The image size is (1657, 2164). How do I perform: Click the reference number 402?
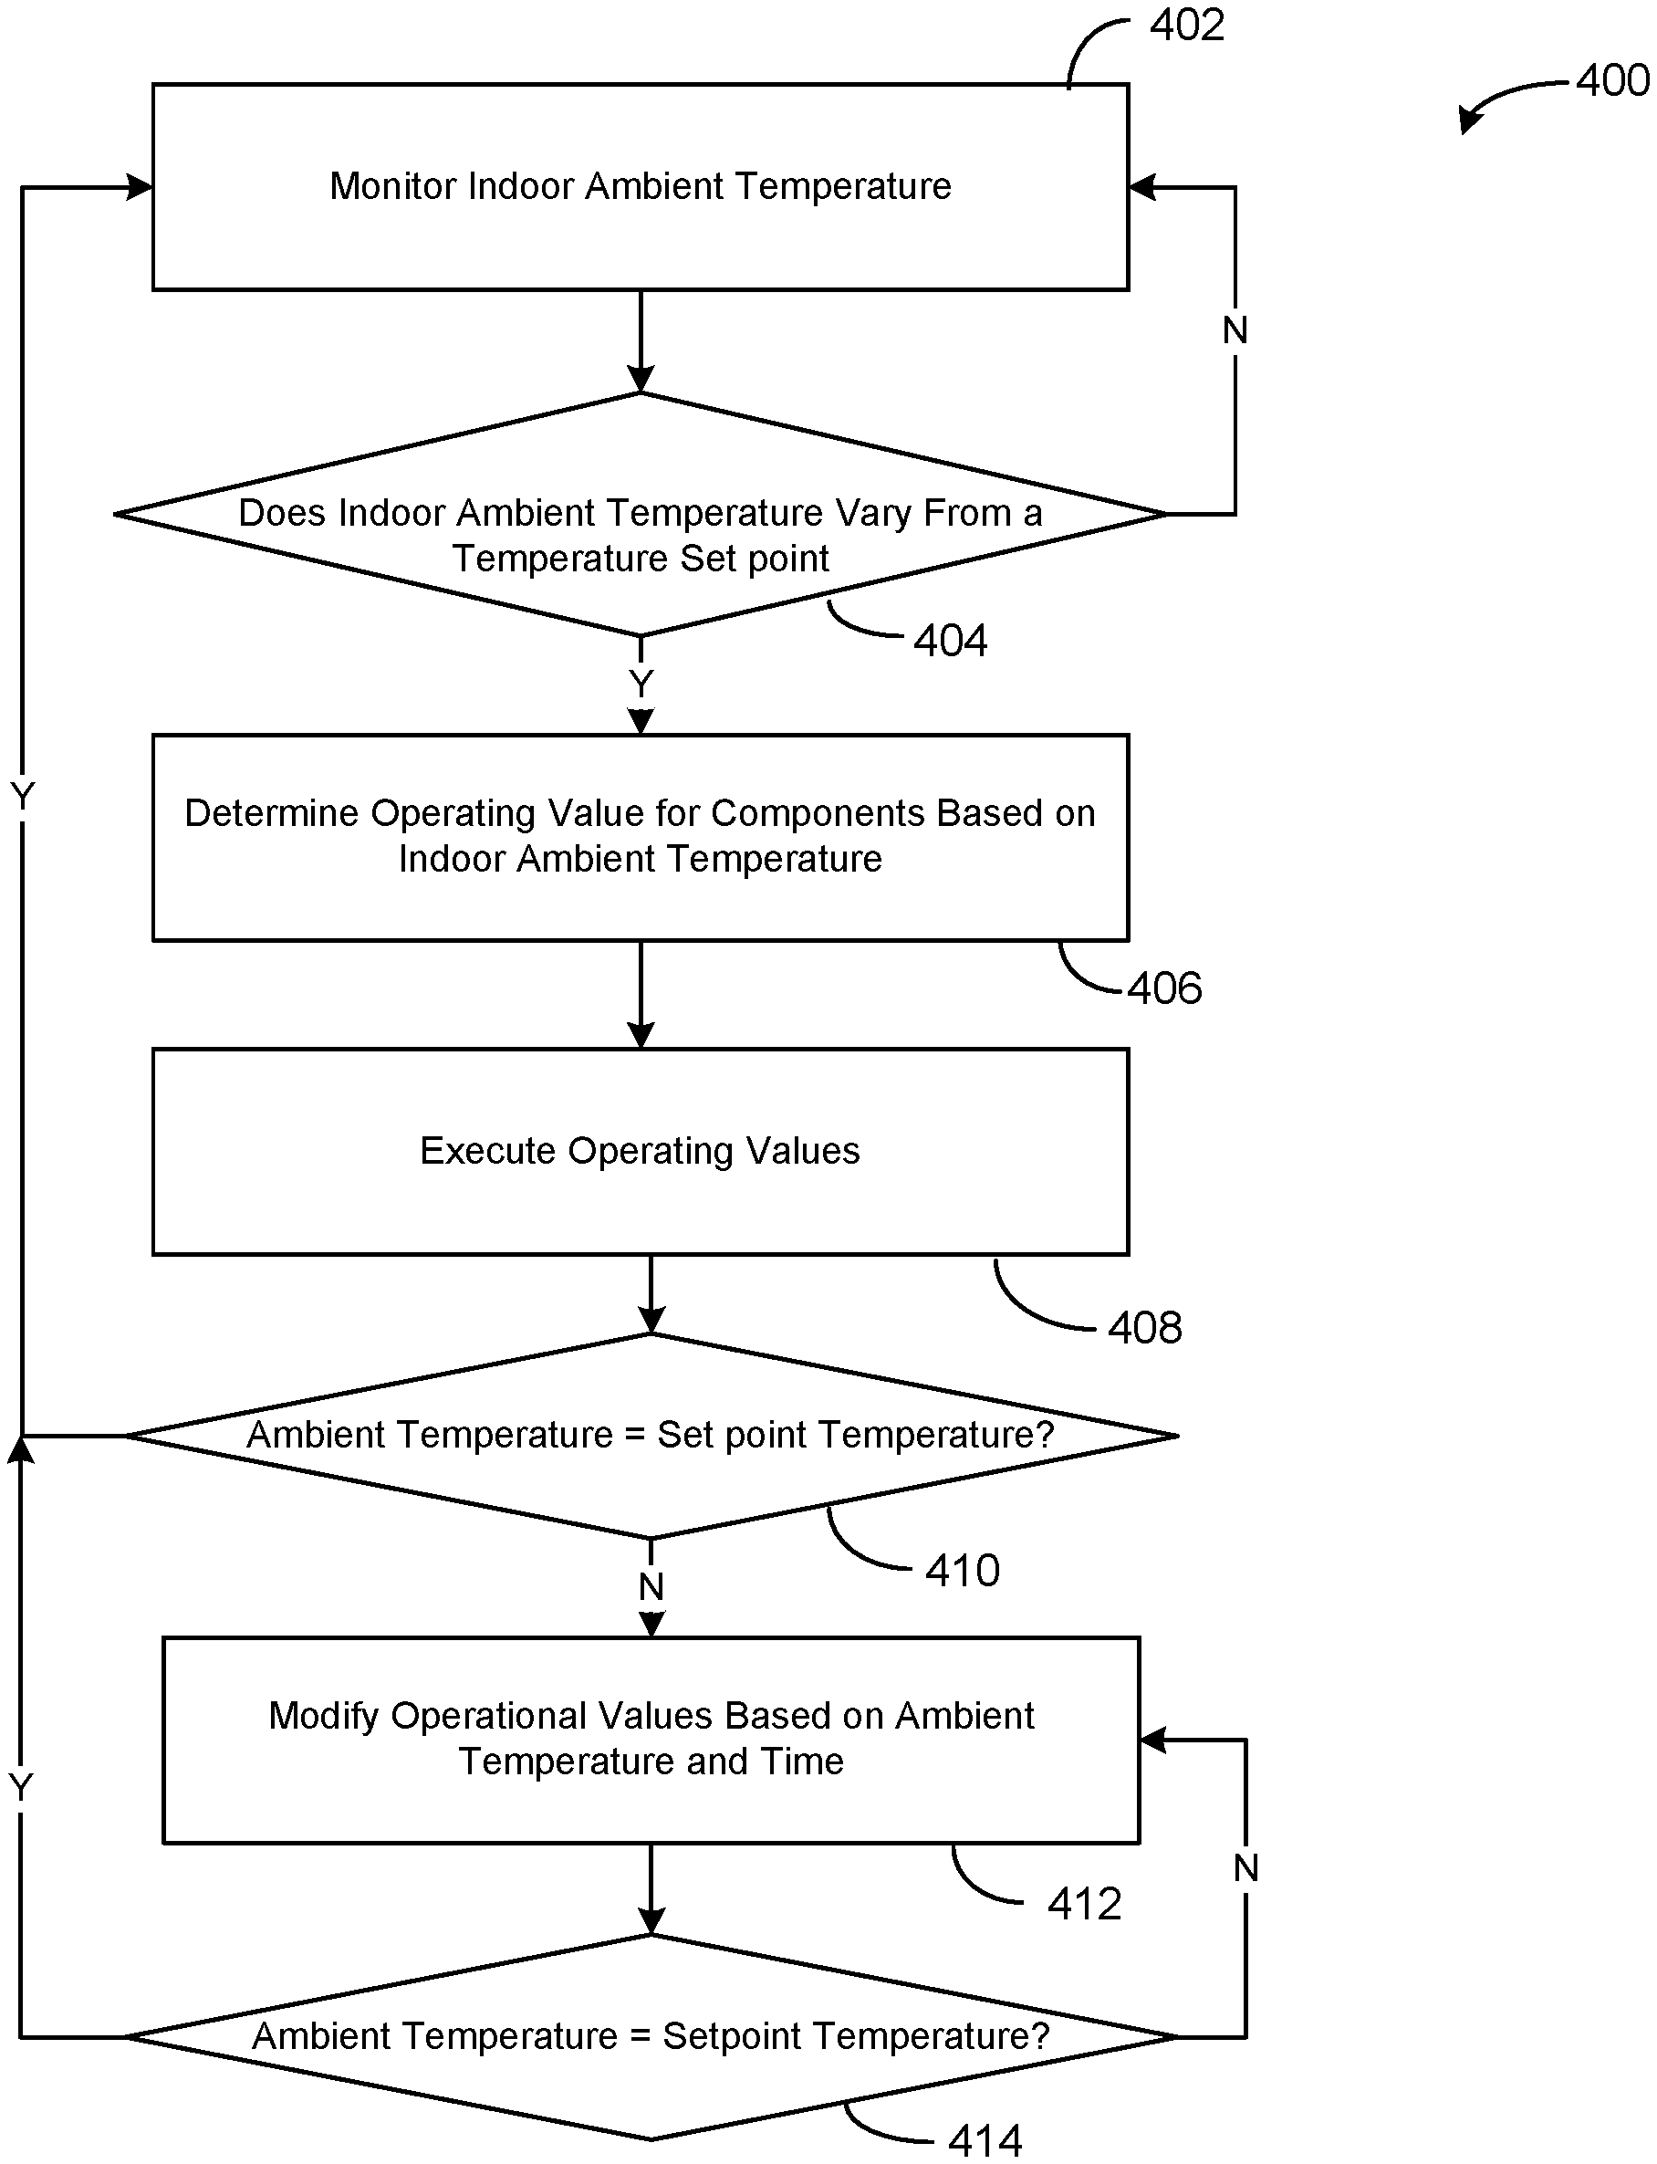[1187, 25]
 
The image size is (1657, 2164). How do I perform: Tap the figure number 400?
[1612, 80]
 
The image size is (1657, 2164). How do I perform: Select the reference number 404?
[950, 640]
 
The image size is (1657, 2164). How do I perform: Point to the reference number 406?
[1165, 988]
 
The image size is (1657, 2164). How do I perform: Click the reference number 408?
[1145, 1328]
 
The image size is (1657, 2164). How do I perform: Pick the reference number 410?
[963, 1570]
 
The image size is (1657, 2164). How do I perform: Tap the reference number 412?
[1085, 1904]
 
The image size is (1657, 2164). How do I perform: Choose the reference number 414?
[985, 2140]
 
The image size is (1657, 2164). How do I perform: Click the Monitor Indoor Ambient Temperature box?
[641, 187]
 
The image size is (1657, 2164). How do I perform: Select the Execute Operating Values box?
[641, 1152]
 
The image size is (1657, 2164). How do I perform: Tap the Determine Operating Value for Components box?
[641, 837]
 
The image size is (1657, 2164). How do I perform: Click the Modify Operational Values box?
[651, 1740]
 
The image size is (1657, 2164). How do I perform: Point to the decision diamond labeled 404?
[641, 515]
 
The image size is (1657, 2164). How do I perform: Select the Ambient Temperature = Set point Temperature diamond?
[651, 1435]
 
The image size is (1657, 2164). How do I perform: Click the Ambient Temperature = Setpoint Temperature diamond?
[651, 2036]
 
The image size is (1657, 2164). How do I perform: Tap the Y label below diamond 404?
[641, 684]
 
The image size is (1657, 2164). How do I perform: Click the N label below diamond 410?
[651, 1586]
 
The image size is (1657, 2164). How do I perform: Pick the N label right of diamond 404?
[1235, 330]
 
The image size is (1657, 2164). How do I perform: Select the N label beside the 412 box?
[1245, 1867]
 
